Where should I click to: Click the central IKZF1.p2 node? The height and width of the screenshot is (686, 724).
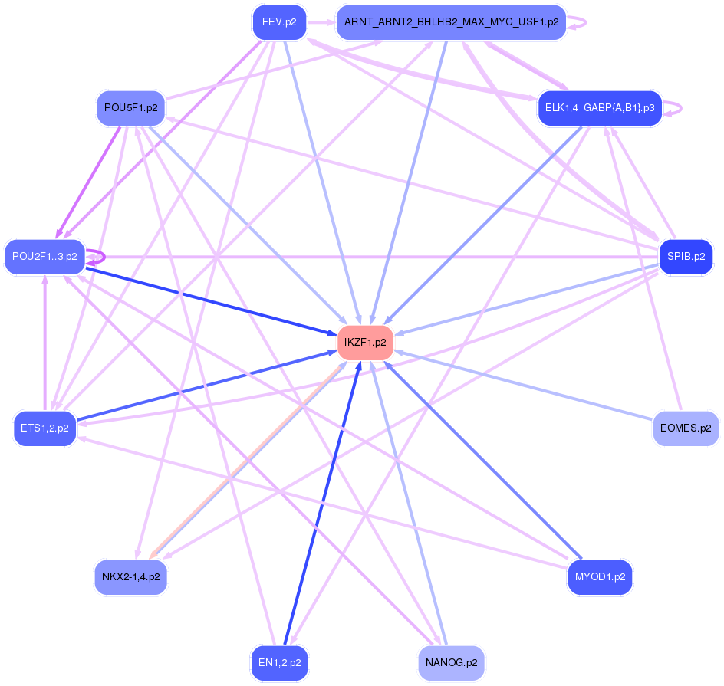pyautogui.click(x=365, y=342)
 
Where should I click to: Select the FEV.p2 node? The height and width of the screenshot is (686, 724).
pyautogui.click(x=279, y=22)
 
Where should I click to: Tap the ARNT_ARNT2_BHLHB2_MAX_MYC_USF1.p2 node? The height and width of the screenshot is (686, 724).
pyautogui.click(x=451, y=22)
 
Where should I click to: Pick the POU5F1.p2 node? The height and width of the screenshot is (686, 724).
pyautogui.click(x=130, y=108)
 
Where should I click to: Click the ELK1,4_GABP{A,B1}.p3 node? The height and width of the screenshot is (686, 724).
pyautogui.click(x=599, y=108)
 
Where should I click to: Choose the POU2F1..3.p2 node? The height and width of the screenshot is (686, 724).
pyautogui.click(x=44, y=257)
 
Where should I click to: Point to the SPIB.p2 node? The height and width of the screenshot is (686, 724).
pyautogui.click(x=686, y=257)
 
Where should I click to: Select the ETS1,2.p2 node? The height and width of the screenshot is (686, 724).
pyautogui.click(x=44, y=428)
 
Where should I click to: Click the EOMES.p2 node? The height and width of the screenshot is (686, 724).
pyautogui.click(x=686, y=428)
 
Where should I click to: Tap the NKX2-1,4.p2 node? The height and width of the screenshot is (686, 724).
pyautogui.click(x=130, y=577)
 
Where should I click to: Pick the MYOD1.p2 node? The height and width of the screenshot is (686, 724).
pyautogui.click(x=600, y=577)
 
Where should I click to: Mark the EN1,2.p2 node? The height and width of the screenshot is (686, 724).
pyautogui.click(x=279, y=662)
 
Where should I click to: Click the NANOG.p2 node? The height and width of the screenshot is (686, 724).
pyautogui.click(x=451, y=662)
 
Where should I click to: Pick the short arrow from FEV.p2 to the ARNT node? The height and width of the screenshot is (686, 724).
pyautogui.click(x=321, y=22)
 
